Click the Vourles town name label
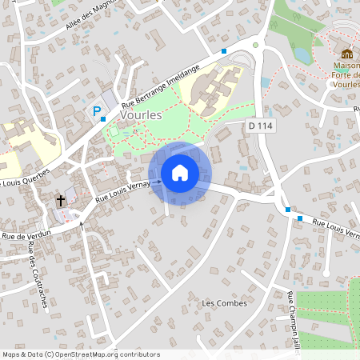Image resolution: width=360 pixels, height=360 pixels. (140, 115)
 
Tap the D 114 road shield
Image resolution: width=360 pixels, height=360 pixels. (261, 126)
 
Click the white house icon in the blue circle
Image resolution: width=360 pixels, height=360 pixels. (180, 172)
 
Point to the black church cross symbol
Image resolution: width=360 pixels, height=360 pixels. (61, 199)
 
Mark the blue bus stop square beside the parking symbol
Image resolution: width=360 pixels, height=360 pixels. (103, 118)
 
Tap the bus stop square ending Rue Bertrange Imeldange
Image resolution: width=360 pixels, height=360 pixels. (224, 51)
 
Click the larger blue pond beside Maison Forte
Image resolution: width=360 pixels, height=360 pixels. (301, 54)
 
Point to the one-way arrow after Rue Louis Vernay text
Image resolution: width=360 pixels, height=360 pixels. (158, 182)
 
